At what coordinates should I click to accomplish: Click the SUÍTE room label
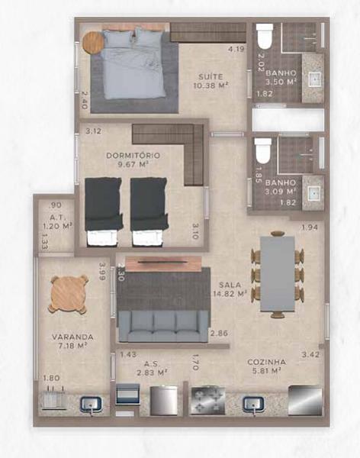(x=211, y=77)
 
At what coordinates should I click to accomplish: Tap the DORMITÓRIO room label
(x=133, y=156)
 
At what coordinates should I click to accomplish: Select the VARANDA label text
(x=72, y=337)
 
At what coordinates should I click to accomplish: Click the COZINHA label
(x=267, y=362)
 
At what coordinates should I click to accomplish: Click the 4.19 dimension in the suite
(x=236, y=49)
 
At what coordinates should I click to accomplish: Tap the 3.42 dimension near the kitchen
(x=310, y=355)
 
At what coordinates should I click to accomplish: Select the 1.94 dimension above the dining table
(x=310, y=227)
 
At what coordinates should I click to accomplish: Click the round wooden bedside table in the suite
(x=93, y=43)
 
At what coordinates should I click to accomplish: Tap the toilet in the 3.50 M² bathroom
(x=265, y=37)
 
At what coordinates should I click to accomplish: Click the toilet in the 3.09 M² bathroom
(x=263, y=150)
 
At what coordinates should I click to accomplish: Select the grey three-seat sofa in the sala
(x=163, y=326)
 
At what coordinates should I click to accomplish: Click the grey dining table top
(x=277, y=274)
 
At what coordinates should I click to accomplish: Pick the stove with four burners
(x=207, y=401)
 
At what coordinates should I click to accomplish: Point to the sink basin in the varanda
(x=91, y=405)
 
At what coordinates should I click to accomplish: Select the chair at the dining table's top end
(x=278, y=234)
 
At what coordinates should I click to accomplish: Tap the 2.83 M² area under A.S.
(x=152, y=373)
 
